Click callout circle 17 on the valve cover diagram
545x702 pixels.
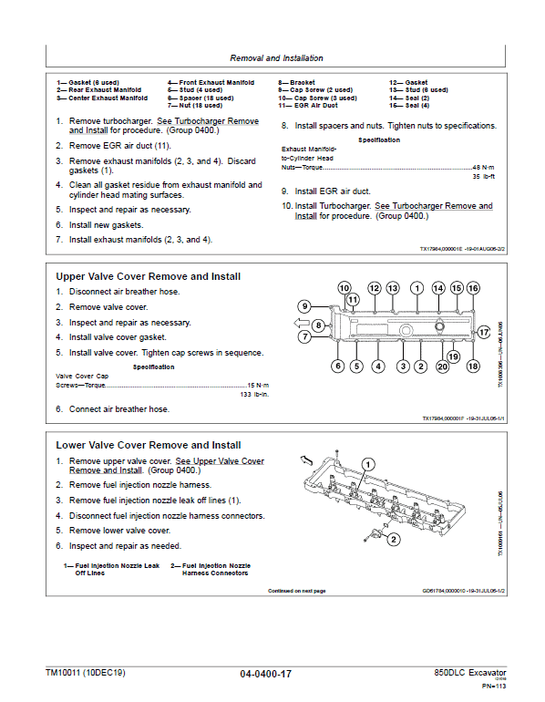484,334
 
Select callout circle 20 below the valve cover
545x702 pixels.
442,366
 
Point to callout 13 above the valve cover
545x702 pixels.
393,288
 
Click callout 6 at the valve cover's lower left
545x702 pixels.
337,366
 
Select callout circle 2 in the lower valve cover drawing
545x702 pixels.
393,540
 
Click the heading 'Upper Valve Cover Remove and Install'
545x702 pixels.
148,276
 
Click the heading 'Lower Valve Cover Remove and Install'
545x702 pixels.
148,445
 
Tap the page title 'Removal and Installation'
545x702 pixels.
275,58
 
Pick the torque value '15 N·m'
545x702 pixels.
258,385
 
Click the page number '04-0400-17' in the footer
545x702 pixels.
266,674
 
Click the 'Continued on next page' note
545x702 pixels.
296,591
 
